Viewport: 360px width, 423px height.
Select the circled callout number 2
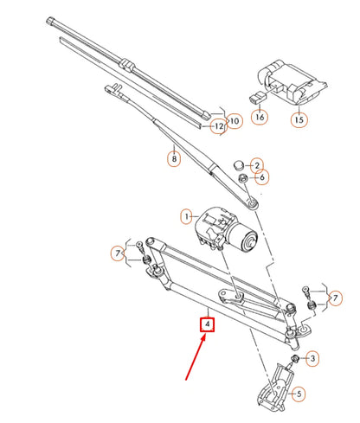pos(255,164)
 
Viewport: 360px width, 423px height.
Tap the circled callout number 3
pos(313,358)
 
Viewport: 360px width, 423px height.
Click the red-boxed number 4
pos(208,326)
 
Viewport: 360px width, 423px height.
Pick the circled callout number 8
pos(173,158)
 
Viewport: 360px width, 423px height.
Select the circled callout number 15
pos(299,120)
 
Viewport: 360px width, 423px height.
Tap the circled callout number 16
pos(260,115)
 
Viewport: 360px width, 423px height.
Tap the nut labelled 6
pos(245,178)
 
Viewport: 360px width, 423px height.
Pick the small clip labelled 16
pos(257,96)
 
